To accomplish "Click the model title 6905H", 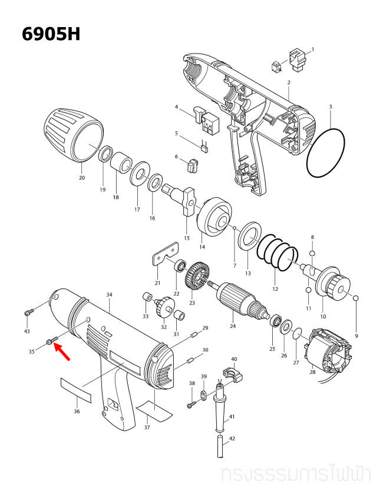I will click(x=51, y=34).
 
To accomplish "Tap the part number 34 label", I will click(x=109, y=294).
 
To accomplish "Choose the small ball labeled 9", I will click(x=356, y=299).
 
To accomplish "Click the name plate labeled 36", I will click(x=76, y=389).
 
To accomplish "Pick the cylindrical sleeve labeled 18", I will click(x=121, y=162).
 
